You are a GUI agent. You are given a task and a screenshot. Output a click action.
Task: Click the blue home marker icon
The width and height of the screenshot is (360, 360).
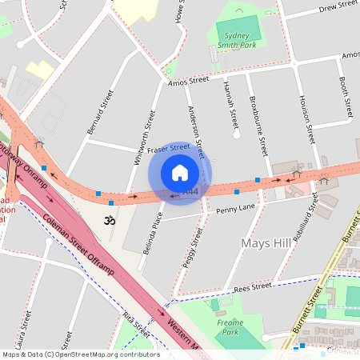point(180,173)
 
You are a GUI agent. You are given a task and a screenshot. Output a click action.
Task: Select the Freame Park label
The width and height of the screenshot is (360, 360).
point(230,326)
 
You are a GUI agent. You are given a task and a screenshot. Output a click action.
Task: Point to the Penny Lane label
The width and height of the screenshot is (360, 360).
point(235,209)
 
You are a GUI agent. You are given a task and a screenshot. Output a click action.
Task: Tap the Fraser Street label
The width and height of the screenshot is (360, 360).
point(168,148)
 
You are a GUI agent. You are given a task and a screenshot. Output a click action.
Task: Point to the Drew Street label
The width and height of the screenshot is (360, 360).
point(337,8)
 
